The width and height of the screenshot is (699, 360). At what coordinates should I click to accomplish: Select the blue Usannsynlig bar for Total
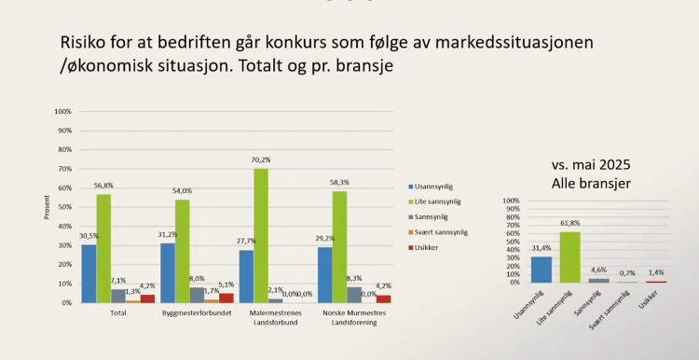tap(89, 273)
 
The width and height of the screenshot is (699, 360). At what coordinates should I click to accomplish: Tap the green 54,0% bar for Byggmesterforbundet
tap(182, 251)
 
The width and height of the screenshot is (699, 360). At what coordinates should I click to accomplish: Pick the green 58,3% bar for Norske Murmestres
tap(339, 246)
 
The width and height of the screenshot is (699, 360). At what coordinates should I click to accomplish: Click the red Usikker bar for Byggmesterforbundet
tap(226, 298)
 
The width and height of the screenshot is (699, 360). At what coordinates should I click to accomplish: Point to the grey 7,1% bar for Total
tap(118, 296)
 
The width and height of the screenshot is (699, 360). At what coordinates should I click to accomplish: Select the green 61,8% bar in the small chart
tap(569, 256)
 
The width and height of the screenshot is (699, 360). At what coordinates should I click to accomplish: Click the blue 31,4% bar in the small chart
tap(541, 269)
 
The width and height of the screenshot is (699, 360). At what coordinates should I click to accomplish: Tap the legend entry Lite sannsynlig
tap(440, 201)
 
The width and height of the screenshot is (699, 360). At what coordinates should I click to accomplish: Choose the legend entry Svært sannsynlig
tap(442, 231)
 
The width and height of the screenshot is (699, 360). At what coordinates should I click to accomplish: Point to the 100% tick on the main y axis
tap(63, 111)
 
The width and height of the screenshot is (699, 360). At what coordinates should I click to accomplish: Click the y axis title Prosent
tap(47, 207)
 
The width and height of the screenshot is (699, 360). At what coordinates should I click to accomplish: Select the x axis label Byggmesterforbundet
tap(190, 312)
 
